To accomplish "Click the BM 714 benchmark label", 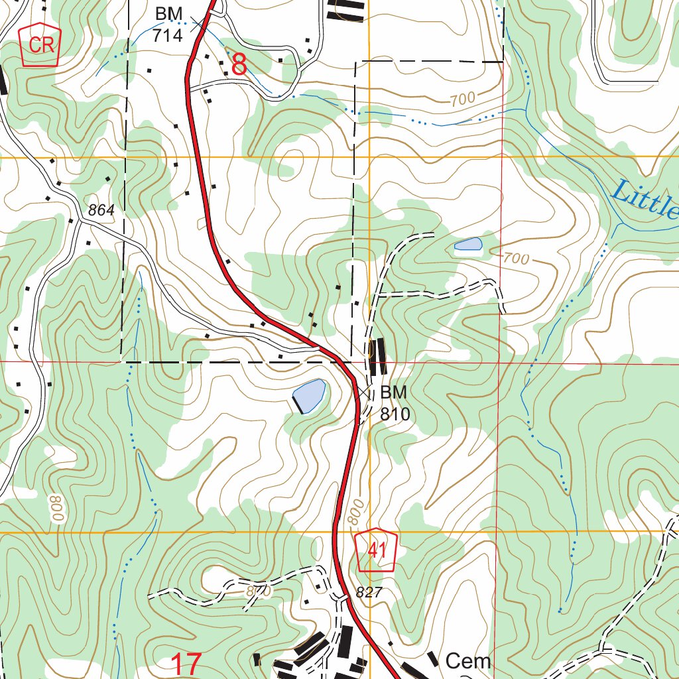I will (168, 25).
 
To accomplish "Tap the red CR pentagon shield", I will (41, 45).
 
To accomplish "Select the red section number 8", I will (239, 65).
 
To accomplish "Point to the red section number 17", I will (186, 664).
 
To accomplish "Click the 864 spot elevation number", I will (101, 210).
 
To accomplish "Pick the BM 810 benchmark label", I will (395, 403).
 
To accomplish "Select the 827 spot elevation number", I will (369, 593).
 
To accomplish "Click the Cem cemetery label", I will (468, 660).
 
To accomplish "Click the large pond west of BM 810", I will (309, 395).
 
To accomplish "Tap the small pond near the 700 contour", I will (468, 244).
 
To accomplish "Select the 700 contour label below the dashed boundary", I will (462, 99).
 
